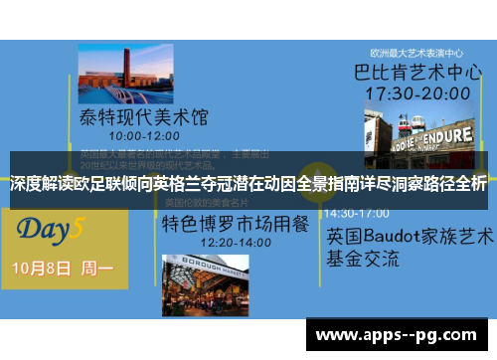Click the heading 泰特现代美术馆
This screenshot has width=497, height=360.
pos(144,116)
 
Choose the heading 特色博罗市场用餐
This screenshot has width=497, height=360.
pos(215,222)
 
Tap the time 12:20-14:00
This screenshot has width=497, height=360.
pos(207,241)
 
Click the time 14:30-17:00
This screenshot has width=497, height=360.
pos(357,213)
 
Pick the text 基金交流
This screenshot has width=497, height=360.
pos(363,259)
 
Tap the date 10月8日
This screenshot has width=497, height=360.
pos(41,269)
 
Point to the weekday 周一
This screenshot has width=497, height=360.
pos(97,269)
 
